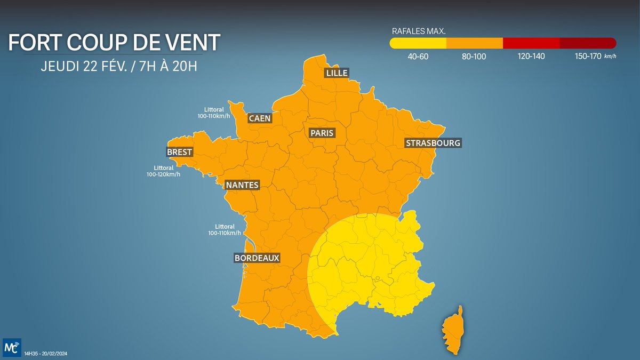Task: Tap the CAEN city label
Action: tap(260, 118)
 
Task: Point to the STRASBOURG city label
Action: tap(433, 143)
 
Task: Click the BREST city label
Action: tap(179, 152)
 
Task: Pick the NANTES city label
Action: tap(242, 185)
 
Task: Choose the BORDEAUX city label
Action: tap(257, 258)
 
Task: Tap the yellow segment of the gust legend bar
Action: tap(418, 43)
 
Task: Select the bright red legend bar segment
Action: tap(531, 43)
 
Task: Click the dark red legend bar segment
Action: tap(588, 43)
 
